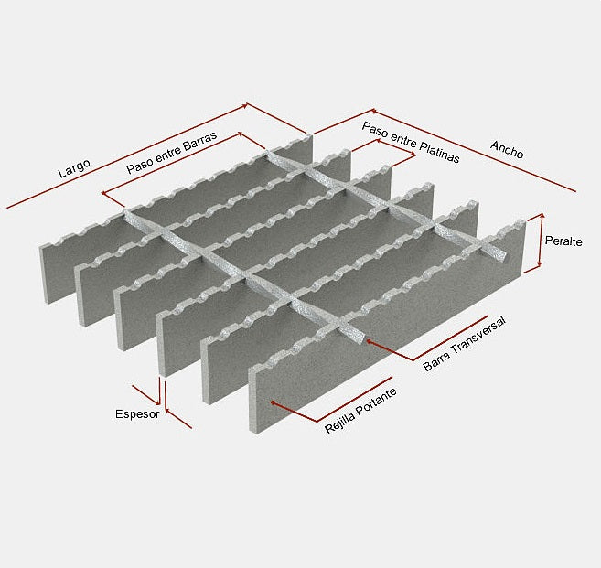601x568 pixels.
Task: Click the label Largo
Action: coord(74,168)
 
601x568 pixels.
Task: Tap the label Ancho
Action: coord(507,149)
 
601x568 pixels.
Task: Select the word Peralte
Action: coord(563,241)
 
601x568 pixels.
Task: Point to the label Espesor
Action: coord(137,414)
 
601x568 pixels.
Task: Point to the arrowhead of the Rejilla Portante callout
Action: coord(273,402)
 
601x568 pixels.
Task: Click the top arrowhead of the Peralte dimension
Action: coord(542,217)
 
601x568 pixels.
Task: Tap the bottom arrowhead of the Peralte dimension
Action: coord(540,264)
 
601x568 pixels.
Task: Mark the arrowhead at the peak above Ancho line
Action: coord(374,111)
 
